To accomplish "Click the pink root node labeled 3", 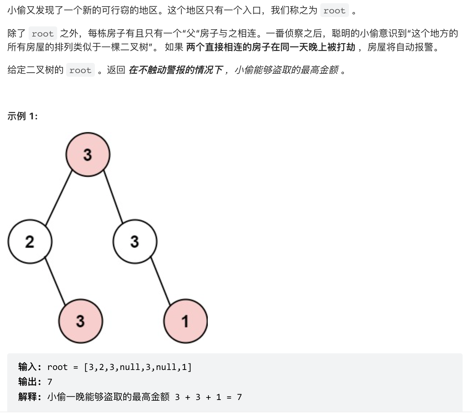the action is pos(88,155).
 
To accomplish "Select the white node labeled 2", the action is pos(30,242).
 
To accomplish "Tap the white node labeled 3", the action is pos(135,242).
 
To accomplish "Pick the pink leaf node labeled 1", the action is pos(185,321).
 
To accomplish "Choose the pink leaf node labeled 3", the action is pos(80,321).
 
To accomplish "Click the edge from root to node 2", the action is pos(59,198).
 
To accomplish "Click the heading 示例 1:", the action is pos(22,116).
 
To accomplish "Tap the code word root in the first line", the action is pos(334,11).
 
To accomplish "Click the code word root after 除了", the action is pos(42,34).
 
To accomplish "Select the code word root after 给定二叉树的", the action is pos(80,70).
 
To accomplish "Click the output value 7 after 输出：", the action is pos(50,382).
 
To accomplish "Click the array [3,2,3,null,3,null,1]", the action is pos(138,367).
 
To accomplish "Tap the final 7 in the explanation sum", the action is pos(239,397).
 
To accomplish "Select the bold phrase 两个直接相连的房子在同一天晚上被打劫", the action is pos(270,47).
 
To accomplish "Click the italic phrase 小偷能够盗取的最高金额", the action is pos(286,70).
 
